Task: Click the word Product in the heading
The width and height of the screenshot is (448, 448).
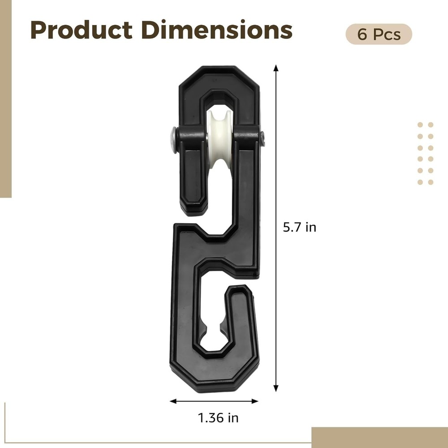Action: pyautogui.click(x=82, y=30)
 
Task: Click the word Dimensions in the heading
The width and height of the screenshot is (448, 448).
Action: pyautogui.click(x=216, y=30)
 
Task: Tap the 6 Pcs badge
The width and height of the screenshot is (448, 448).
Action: pyautogui.click(x=379, y=34)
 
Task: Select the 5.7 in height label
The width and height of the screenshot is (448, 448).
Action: pyautogui.click(x=299, y=228)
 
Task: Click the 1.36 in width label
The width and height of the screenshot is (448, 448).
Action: pyautogui.click(x=218, y=418)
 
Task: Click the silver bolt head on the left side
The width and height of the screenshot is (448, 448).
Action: pyautogui.click(x=173, y=140)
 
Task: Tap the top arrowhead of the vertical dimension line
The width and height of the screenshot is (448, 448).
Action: pyautogui.click(x=276, y=68)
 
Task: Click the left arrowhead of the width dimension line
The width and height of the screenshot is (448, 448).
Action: pyautogui.click(x=173, y=401)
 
